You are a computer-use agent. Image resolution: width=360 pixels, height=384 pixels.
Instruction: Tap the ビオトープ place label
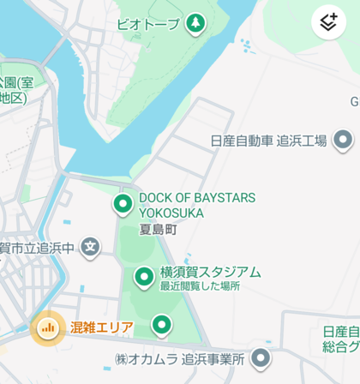point(147,23)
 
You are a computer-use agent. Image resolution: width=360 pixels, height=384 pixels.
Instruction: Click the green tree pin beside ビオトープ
point(195,22)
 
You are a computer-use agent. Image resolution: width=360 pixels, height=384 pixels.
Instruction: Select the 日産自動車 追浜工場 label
point(269,141)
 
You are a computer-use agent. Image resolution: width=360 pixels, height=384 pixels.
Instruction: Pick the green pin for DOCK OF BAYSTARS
point(123,204)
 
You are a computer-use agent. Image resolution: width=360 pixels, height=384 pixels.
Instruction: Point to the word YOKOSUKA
point(171,213)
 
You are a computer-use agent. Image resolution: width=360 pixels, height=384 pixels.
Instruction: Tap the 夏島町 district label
point(158,230)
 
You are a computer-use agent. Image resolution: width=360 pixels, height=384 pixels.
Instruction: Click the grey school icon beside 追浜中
point(91,249)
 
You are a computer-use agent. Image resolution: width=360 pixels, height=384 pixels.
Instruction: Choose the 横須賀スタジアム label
point(210,272)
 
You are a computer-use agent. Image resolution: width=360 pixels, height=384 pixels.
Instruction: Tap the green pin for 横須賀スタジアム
point(144,276)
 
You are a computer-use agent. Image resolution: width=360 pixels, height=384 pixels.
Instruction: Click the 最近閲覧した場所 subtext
point(200,286)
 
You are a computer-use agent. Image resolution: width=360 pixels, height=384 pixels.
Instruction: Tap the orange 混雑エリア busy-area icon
point(48,327)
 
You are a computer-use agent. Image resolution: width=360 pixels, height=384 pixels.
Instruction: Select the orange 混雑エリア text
point(102,327)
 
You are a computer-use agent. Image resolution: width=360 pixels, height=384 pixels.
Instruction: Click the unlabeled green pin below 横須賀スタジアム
point(161,325)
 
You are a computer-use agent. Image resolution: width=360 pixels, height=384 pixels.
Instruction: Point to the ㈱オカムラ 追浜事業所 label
point(179,358)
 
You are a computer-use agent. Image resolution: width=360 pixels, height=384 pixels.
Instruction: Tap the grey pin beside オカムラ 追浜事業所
point(261,358)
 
